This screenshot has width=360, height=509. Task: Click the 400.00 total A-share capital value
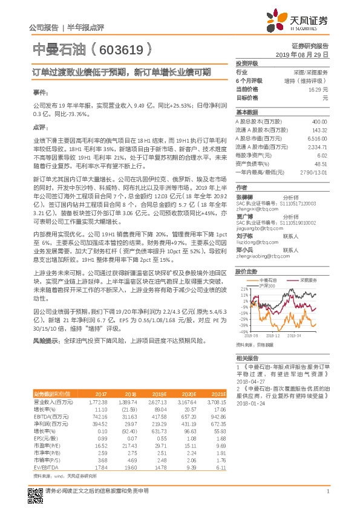[319, 122]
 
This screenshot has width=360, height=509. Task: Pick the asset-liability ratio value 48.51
[321, 163]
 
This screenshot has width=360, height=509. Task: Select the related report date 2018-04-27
[250, 382]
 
